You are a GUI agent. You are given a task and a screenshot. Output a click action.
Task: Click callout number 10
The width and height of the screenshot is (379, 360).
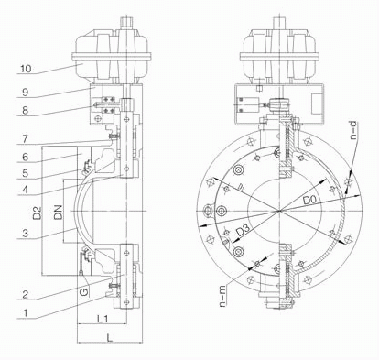pyautogui.click(x=26, y=69)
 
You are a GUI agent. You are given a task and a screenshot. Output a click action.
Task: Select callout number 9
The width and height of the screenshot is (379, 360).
pyautogui.click(x=26, y=92)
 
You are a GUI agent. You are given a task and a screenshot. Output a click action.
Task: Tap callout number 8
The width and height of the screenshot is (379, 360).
pyautogui.click(x=26, y=110)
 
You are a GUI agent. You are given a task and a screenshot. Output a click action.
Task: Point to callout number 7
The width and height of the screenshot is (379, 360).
pyautogui.click(x=26, y=139)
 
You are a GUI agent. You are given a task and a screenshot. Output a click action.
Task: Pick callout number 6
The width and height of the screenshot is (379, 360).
pyautogui.click(x=26, y=157)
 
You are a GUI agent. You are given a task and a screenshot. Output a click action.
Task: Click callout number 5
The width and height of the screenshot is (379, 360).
pyautogui.click(x=26, y=173)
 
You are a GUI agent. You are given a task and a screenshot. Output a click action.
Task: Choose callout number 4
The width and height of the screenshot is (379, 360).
pyautogui.click(x=26, y=190)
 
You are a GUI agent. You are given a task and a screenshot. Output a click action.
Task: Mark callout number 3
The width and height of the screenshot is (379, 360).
pyautogui.click(x=26, y=233)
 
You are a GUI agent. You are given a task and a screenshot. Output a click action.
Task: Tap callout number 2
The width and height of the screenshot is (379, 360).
pyautogui.click(x=26, y=294)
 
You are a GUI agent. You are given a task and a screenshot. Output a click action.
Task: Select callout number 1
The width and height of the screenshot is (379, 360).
pyautogui.click(x=26, y=312)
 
